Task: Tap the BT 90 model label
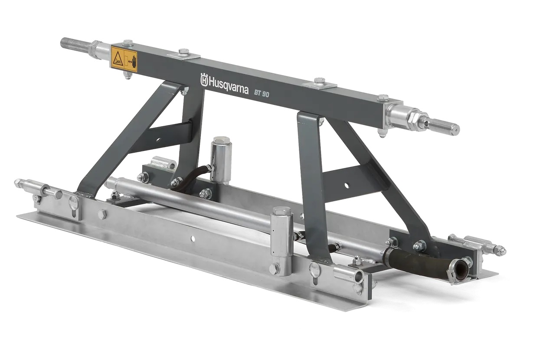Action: [262, 93]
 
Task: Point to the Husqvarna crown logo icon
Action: [204, 79]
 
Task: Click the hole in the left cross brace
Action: [158, 140]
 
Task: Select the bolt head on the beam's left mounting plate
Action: [183, 52]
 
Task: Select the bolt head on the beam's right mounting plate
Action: [320, 81]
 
